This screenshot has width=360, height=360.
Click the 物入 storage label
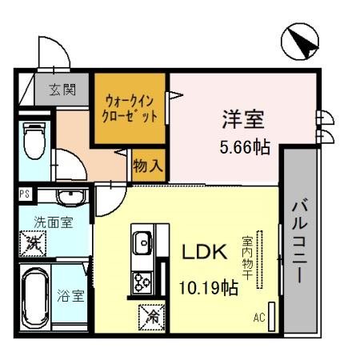coord(149,166)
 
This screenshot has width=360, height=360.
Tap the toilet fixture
coord(34,141)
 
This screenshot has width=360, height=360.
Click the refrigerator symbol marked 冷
coord(151,317)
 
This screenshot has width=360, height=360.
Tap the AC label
coord(258,318)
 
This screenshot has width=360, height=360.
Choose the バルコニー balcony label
coord(298,240)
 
